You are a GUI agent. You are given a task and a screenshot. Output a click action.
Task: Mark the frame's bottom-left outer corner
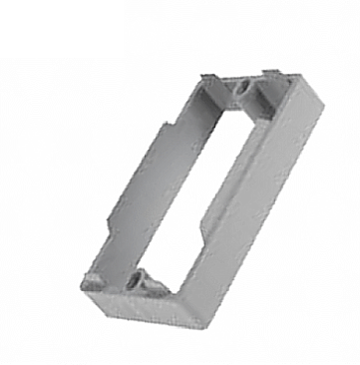coord(82,281)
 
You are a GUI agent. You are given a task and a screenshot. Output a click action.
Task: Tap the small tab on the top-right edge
coord(272,73)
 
